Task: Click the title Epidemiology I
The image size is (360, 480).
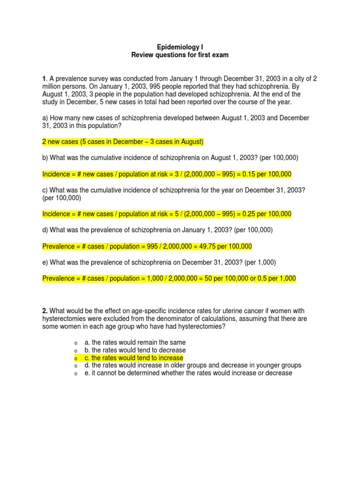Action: coord(180,47)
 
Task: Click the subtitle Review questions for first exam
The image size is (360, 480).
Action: coord(180,55)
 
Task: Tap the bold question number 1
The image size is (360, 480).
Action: coord(44,79)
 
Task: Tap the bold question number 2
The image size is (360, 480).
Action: coord(45,311)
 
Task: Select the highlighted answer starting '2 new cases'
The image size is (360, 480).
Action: coord(123,142)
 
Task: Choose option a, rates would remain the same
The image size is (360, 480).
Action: coord(135,343)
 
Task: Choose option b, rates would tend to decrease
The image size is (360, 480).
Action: coord(135,350)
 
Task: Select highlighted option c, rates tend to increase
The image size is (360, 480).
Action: coord(134,358)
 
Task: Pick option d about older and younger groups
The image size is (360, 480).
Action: coord(193,365)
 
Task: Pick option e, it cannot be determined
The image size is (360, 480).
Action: coord(188,373)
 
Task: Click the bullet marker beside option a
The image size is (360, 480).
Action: coord(75,343)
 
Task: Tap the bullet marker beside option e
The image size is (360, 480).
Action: coord(75,373)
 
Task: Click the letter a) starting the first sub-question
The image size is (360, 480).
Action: coord(45,119)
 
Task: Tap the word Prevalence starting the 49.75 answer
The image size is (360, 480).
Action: coord(58,247)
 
